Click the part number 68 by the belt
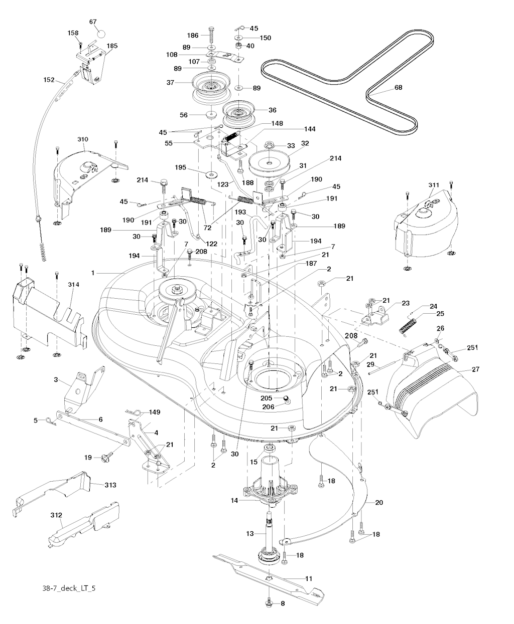pos(398,87)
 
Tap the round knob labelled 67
pos(101,34)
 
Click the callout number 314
pos(74,285)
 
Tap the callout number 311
pos(434,185)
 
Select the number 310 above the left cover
pos(83,139)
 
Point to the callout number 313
pos(110,485)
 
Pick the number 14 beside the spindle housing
pos(234,500)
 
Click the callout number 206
pos(269,407)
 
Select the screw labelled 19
pos(107,457)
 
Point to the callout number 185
pos(112,46)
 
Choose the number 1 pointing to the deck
pos(93,273)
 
